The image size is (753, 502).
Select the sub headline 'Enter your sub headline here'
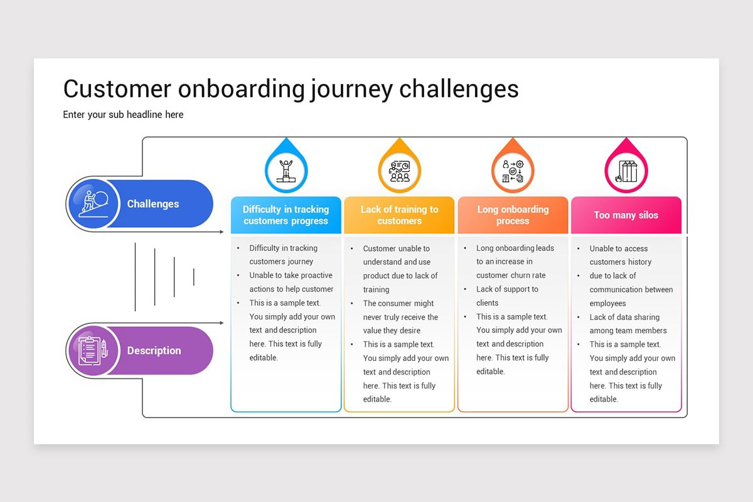(x=123, y=115)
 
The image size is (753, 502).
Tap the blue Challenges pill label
(x=152, y=204)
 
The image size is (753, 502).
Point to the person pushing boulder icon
(x=93, y=204)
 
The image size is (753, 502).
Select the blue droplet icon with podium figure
(x=286, y=170)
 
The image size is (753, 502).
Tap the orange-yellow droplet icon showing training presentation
(x=399, y=170)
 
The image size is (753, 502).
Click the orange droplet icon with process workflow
(x=513, y=170)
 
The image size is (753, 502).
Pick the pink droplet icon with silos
(x=626, y=170)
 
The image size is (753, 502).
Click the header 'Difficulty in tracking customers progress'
(x=286, y=215)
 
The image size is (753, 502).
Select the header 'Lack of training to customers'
(x=399, y=215)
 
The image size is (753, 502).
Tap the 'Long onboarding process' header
(x=513, y=215)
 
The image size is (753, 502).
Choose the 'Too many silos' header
(x=626, y=215)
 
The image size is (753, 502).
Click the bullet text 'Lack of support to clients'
(x=507, y=296)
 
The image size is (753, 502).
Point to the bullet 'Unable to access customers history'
(x=620, y=255)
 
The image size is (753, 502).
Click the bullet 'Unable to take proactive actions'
(x=291, y=282)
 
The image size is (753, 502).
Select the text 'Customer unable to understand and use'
(x=397, y=255)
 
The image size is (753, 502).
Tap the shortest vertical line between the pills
(x=194, y=277)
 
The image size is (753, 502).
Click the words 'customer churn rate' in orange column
(x=511, y=275)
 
